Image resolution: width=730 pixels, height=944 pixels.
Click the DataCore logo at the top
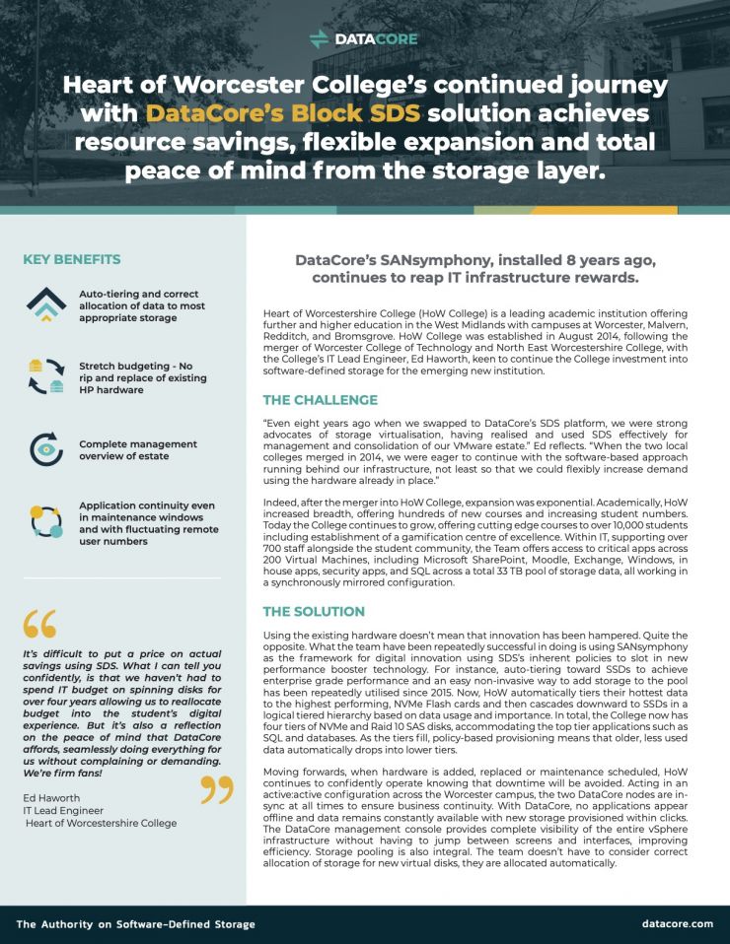point(364,38)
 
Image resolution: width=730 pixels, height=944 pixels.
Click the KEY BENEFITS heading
point(72,259)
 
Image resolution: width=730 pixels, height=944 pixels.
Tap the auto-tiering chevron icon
point(45,304)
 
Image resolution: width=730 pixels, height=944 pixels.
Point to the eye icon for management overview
point(45,448)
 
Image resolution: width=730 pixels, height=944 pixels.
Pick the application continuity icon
point(45,522)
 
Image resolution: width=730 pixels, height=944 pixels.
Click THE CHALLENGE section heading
point(320,400)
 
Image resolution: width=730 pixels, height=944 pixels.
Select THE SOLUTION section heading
point(314,612)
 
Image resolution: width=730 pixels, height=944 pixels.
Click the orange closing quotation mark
point(219,787)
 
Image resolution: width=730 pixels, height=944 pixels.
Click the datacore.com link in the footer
point(677,923)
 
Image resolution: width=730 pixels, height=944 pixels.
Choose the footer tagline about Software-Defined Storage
point(135,923)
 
